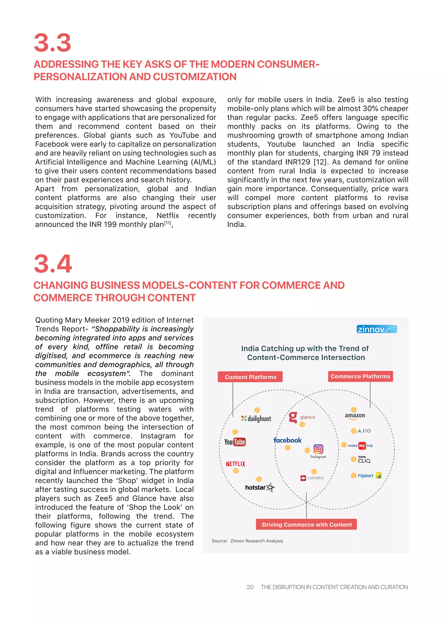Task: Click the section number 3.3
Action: coord(52,43)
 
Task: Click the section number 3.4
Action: coord(53,264)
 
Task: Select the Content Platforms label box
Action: coord(250,377)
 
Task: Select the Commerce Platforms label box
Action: coord(360,376)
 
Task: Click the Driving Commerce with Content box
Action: coord(306,525)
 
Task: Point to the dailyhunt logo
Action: coord(256,419)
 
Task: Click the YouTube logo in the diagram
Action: coord(235,442)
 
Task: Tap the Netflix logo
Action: coord(235,464)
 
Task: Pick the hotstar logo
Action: coord(259,487)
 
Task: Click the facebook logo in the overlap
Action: coord(287,440)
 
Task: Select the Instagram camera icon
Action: coord(318,449)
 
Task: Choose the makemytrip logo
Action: coord(360,446)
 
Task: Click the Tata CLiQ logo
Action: coord(364,460)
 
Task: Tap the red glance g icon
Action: coord(293,417)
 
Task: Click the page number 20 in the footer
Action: coord(250,587)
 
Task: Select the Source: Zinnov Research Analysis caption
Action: coord(247,541)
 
